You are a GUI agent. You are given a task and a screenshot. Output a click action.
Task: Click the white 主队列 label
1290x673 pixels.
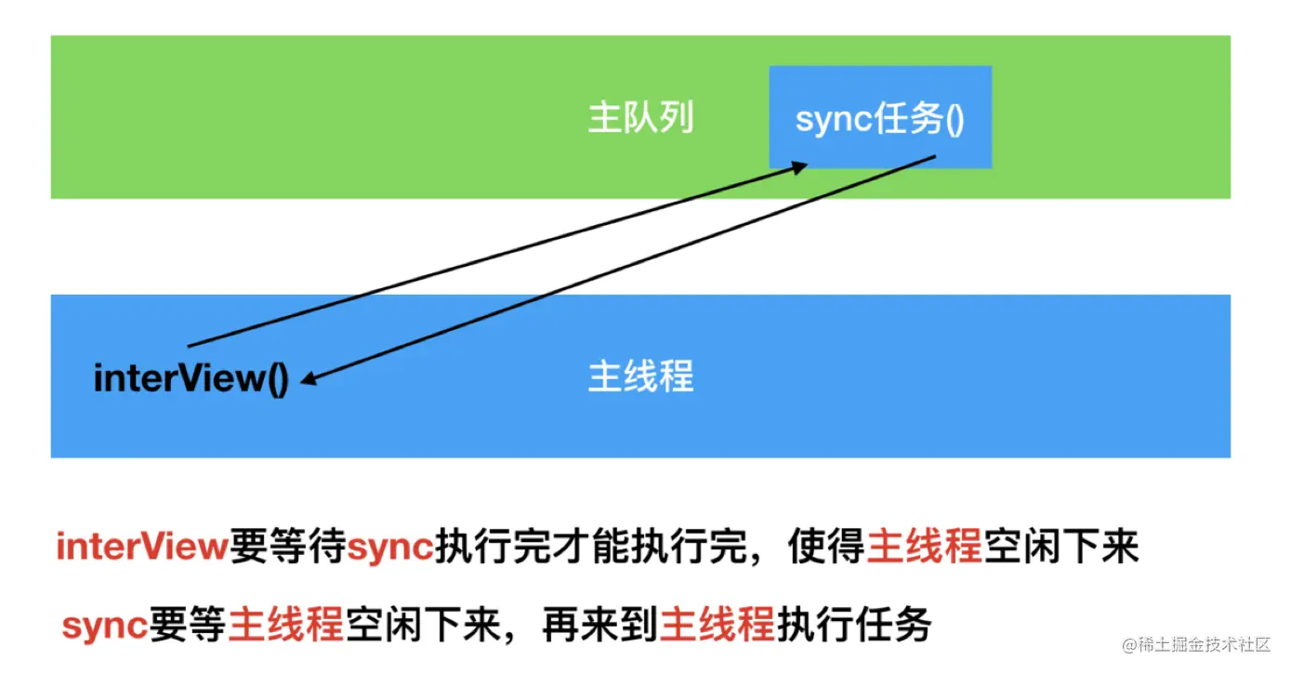coord(641,119)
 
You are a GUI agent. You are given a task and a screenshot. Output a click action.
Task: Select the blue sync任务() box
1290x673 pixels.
coord(879,118)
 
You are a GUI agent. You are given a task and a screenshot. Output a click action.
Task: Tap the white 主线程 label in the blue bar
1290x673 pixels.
coord(641,376)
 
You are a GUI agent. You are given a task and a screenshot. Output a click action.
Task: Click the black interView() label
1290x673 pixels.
coord(191,378)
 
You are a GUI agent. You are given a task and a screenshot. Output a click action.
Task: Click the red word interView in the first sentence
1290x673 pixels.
coord(141,548)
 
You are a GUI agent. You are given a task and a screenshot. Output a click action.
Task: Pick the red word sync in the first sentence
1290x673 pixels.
coord(390,548)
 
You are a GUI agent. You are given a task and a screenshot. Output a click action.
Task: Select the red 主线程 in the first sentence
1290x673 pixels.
coord(924,548)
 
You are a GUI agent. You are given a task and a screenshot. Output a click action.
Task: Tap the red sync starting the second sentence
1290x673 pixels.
coord(104,626)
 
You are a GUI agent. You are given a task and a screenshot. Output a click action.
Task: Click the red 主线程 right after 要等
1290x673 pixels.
coord(286,626)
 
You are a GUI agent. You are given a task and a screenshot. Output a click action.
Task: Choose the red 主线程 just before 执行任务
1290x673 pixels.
coord(717,626)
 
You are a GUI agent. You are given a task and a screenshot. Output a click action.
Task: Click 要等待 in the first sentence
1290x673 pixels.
coord(287,548)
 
